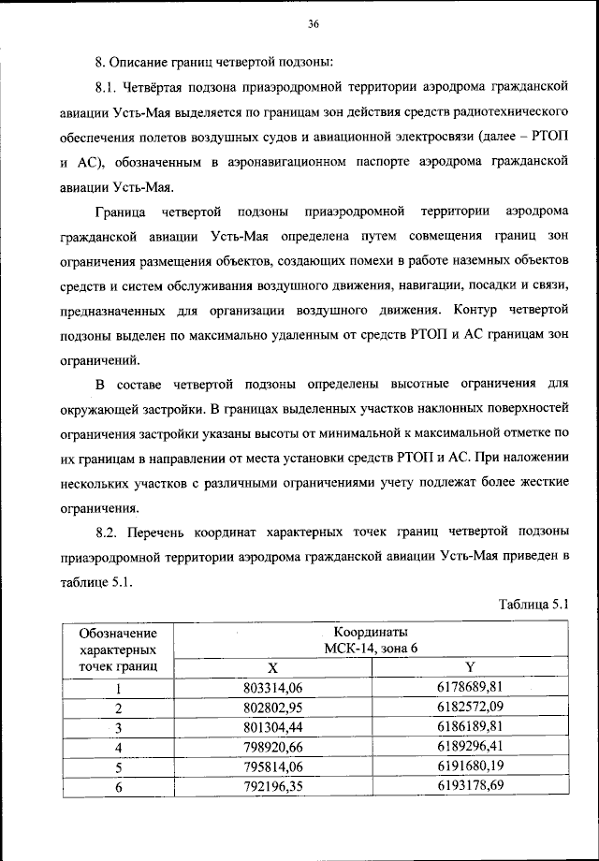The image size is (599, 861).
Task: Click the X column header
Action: tap(273, 667)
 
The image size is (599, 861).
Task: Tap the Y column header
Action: tap(470, 667)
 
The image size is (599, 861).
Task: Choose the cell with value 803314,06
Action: tap(273, 688)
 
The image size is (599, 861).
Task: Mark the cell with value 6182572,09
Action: tap(470, 707)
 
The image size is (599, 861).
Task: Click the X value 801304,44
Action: tap(273, 726)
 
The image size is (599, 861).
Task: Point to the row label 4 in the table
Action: tap(119, 747)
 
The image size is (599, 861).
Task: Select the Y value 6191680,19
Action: tap(470, 766)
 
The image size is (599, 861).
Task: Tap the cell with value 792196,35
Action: tap(273, 786)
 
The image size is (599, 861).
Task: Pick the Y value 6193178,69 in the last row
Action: tap(470, 786)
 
